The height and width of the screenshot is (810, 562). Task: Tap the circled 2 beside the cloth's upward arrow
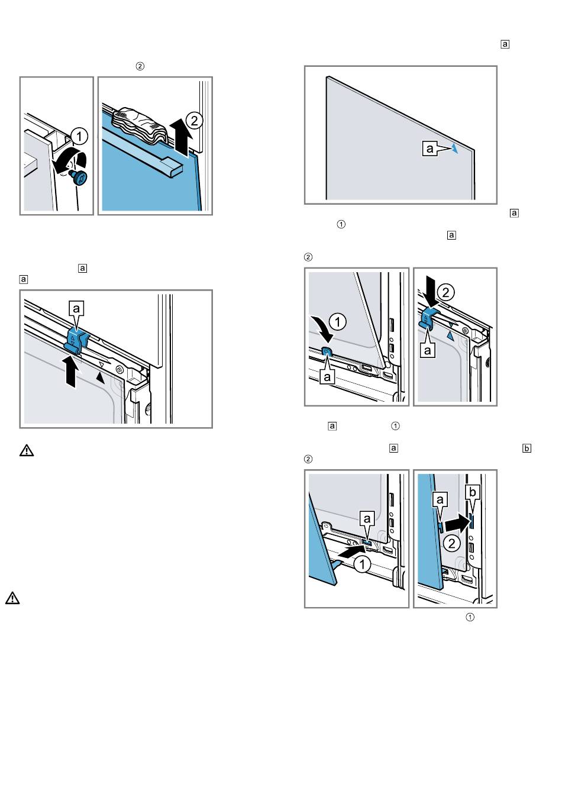click(x=194, y=121)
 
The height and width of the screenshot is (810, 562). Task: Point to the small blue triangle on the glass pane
click(x=454, y=149)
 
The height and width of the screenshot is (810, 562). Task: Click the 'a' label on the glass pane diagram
click(x=430, y=149)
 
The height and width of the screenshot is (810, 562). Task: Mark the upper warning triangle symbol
click(x=27, y=451)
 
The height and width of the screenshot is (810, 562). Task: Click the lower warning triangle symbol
click(x=12, y=598)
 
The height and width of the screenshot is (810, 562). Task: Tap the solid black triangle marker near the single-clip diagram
click(x=101, y=376)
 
